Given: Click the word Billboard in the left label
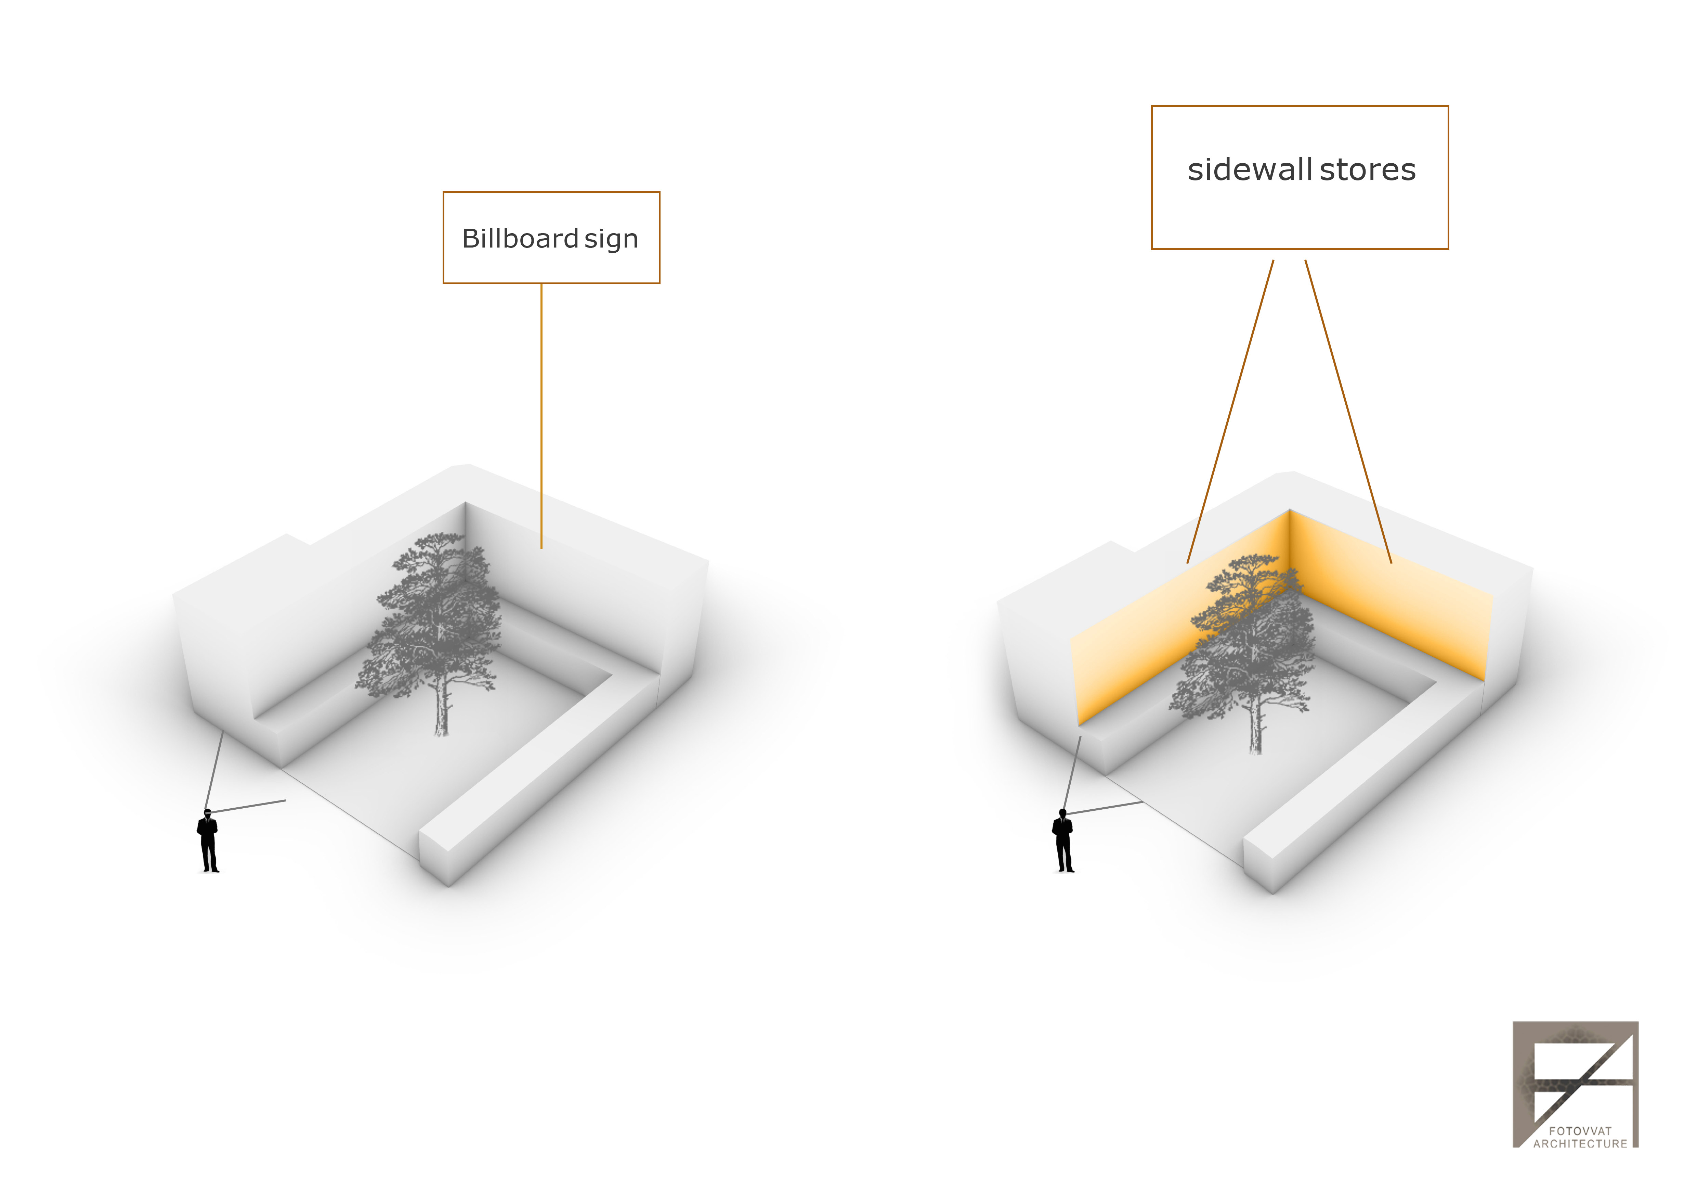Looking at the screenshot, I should tap(520, 239).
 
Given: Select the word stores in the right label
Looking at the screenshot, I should tap(1367, 170).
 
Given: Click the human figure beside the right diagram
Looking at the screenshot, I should tap(1063, 843).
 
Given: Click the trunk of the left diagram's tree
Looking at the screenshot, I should tap(441, 710).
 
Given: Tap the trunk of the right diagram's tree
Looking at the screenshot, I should tap(1255, 729).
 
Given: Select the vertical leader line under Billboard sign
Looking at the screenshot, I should tap(541, 414).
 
